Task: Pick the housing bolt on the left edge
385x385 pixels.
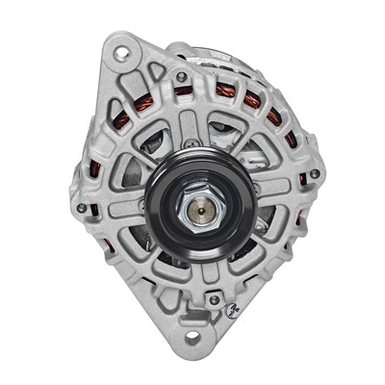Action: tap(82, 207)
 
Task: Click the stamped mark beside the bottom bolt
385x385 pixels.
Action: tap(233, 309)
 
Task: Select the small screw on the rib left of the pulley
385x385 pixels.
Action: tap(141, 205)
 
